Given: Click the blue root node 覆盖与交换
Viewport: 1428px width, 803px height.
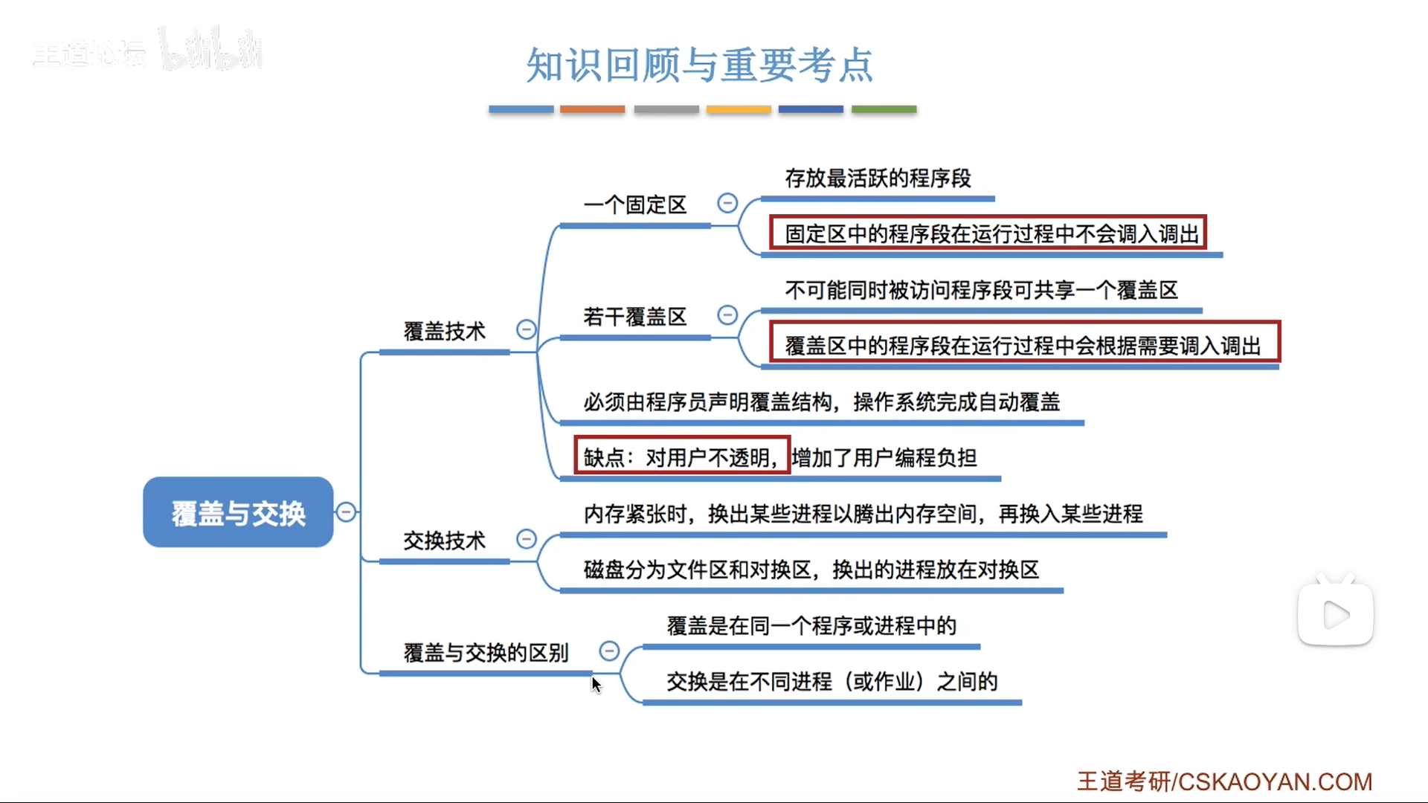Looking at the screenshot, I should pos(238,512).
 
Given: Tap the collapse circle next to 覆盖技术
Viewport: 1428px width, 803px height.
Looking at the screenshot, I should pos(526,329).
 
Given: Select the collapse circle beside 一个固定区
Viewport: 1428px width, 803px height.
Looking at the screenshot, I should pos(727,203).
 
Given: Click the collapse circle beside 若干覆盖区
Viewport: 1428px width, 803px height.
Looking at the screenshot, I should pos(727,315).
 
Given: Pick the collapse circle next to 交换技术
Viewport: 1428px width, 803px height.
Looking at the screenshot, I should pos(526,539).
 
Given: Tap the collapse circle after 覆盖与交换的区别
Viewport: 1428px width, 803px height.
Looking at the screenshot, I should pos(609,651).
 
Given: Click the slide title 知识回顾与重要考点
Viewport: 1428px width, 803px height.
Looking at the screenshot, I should pos(699,65).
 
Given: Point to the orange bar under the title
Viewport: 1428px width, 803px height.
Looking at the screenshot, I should pos(592,109).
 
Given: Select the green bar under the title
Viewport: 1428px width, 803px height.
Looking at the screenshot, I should pos(884,109).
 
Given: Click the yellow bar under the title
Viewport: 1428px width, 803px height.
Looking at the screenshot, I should pos(739,109).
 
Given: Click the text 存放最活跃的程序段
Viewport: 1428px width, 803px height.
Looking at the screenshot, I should pos(878,178).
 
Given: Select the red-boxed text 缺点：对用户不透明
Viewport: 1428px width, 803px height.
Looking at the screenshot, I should pos(681,457).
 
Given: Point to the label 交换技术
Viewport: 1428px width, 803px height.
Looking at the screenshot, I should pos(444,541).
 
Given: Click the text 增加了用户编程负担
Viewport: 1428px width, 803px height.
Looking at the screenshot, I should pos(884,457).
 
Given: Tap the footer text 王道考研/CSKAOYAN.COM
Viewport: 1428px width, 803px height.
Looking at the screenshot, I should pos(1224,781).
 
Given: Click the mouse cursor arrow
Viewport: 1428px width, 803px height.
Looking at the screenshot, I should pos(596,684).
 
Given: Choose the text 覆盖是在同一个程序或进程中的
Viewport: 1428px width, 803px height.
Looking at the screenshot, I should pos(811,626).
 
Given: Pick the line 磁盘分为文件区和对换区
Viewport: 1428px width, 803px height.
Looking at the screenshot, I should pos(811,570).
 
